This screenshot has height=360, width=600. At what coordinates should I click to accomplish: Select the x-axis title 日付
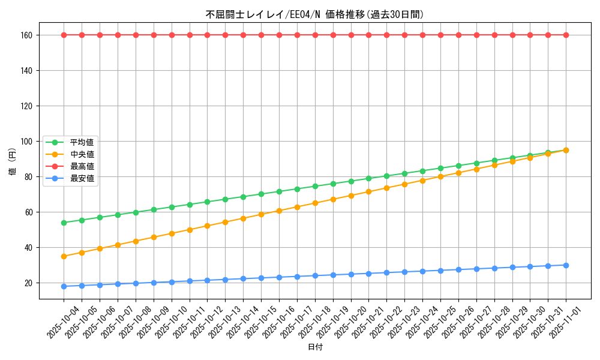pos(314,347)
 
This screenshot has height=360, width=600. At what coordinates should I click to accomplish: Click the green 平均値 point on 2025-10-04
pos(64,223)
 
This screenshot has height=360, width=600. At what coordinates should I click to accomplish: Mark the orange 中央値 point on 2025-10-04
pos(64,256)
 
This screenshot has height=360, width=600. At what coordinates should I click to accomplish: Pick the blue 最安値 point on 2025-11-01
pos(566,265)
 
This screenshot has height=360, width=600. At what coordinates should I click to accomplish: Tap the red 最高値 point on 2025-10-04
pos(64,35)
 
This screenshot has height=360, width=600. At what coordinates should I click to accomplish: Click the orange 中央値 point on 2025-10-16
pos(279,211)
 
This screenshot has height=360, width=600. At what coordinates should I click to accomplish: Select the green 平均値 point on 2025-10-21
pos(368,178)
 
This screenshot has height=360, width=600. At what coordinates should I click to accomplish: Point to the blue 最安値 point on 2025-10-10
pos(172,282)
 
